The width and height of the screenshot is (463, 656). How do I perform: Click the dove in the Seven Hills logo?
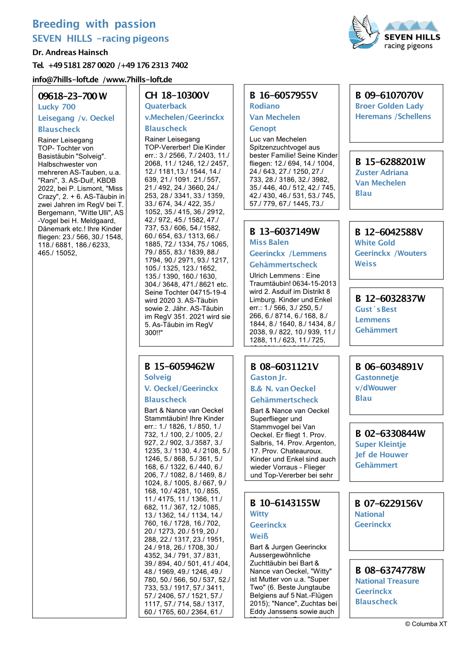pos(364,32)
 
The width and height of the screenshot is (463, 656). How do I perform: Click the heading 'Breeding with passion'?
pos(94,24)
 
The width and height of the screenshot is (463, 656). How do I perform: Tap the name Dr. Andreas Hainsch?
pos(70,52)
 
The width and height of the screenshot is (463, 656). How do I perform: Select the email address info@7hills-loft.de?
pos(65,79)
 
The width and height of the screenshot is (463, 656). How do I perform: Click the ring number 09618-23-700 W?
pos(72,96)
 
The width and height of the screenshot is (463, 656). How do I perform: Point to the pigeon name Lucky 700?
pos(56,107)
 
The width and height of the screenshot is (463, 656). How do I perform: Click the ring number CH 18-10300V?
pos(177,95)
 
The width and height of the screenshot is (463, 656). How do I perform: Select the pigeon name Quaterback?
pos(165,106)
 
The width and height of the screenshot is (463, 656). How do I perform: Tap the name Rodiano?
pos(264,106)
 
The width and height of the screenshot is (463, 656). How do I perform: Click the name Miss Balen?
pos(269,242)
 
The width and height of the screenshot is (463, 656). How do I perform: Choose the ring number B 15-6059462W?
pos(179,366)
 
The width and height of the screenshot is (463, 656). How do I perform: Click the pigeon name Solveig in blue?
pos(157,377)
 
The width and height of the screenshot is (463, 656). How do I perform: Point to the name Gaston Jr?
pos(269,378)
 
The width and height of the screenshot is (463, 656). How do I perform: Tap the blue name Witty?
pos(259,514)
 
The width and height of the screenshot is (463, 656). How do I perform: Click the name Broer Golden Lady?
pos(389,106)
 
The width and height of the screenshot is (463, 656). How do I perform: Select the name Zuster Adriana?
pos(382,172)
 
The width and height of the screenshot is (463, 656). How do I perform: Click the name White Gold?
pos(375,243)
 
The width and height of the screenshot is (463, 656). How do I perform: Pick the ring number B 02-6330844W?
pos(390,433)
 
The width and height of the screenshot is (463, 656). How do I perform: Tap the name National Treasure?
pos(387,581)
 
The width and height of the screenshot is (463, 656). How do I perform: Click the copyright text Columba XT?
pos(426,624)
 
